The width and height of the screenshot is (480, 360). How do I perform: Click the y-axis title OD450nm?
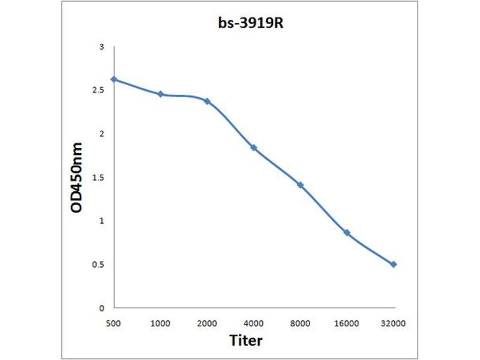point(76,178)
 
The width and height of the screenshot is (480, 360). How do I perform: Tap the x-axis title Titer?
point(246,341)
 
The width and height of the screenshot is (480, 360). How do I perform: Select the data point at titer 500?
point(114,79)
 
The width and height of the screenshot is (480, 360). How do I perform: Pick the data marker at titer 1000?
point(161,94)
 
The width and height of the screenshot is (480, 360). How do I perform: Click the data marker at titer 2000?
point(208,101)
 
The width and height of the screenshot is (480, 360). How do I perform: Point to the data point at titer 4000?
point(254,148)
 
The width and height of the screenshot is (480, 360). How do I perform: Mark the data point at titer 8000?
point(301,185)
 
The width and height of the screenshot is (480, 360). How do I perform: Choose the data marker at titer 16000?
point(347,233)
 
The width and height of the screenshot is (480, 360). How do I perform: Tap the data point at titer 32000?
point(394,264)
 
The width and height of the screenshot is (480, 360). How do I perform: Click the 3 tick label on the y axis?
point(102,47)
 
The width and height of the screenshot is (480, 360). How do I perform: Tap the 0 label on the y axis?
point(102,308)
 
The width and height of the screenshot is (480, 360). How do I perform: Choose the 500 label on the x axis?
point(114,324)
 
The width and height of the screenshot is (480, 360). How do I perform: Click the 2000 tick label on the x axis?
point(208,324)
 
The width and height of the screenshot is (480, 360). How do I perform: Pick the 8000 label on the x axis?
point(301,324)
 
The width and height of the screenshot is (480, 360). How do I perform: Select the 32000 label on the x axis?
point(394,324)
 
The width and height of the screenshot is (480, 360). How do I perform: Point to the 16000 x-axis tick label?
point(347,324)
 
